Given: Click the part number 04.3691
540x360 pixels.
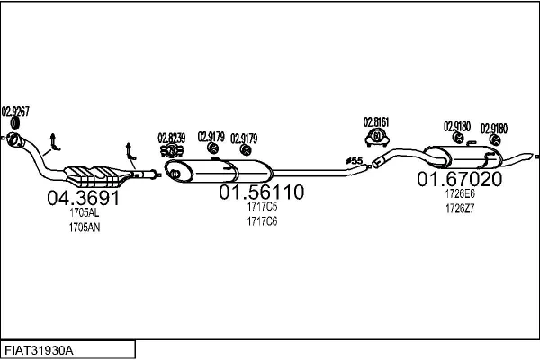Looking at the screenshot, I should [x=83, y=199].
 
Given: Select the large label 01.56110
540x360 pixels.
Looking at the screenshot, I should [x=262, y=193].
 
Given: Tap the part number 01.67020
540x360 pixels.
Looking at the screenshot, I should [x=459, y=179].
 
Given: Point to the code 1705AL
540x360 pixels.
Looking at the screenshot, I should [x=84, y=215].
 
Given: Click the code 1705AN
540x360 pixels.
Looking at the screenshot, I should [x=84, y=229].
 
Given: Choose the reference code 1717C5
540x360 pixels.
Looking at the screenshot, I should [x=262, y=208].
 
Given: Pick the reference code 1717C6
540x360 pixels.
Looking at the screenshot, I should [x=262, y=221].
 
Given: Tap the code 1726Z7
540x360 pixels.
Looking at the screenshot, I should [x=459, y=208].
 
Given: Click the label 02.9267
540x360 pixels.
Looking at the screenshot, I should [x=15, y=112].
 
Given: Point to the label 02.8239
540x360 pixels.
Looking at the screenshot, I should [x=172, y=138].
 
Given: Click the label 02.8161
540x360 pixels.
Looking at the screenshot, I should [x=376, y=121].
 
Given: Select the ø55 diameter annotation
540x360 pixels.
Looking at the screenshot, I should [x=354, y=161].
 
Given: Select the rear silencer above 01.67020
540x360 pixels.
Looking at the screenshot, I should [x=463, y=157].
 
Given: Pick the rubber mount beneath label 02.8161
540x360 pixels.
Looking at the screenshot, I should [x=376, y=138].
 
